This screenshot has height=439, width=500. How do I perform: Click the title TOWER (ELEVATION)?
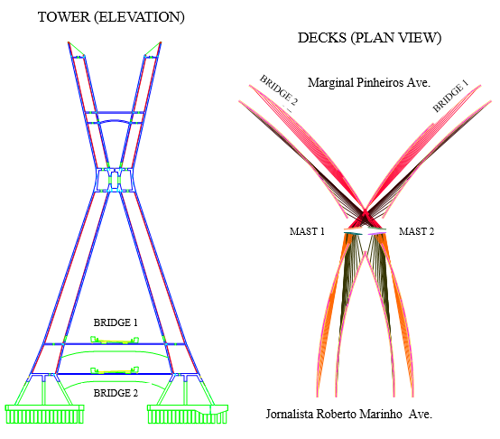(111, 17)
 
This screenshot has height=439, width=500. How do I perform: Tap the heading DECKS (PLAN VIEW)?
(369, 38)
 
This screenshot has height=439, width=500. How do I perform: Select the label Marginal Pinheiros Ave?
(369, 82)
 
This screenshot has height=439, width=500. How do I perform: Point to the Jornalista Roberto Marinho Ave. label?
(349, 414)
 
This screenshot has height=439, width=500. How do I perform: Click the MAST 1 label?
(307, 231)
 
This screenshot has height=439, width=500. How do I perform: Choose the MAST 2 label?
(416, 231)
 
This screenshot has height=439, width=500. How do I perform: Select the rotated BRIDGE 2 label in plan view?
(278, 90)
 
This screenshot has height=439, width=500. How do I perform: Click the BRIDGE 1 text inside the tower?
(116, 322)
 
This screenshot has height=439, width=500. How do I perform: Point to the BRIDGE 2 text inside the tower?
(116, 393)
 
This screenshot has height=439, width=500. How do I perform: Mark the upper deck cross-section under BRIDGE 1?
(115, 341)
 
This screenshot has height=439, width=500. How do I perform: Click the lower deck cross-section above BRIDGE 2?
(115, 370)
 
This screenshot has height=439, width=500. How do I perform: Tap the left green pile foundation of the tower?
(44, 414)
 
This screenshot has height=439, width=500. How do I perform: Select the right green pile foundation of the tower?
(188, 414)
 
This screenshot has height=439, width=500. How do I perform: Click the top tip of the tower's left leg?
(69, 42)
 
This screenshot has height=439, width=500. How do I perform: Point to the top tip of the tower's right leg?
(161, 42)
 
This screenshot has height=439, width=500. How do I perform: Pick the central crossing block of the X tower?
(115, 180)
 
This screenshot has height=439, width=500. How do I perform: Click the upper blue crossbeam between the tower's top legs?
(115, 113)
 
